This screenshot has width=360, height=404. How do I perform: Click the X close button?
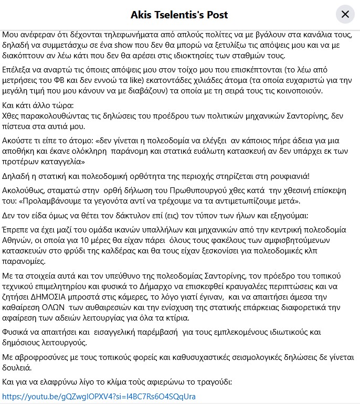point(345,14)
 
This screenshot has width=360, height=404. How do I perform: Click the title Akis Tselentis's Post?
point(179,14)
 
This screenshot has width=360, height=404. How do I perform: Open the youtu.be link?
point(99,396)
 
